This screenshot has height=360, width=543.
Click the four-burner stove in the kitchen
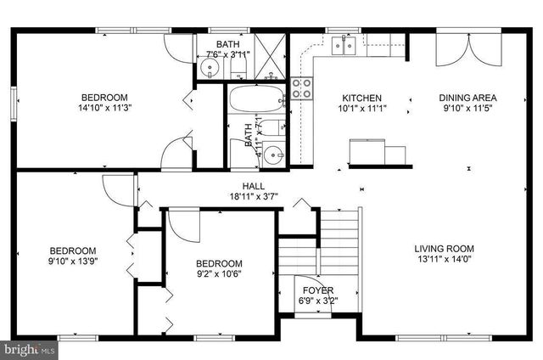pos(302,88)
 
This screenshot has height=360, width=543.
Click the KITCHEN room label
pos(361,98)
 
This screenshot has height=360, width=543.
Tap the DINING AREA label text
pos(467,98)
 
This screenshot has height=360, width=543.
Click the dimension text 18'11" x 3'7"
pos(252,197)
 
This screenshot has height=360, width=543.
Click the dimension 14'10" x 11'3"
pos(105,108)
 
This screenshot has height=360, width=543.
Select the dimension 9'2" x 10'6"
pos(219,275)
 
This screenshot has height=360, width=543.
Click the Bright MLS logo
pos(29,349)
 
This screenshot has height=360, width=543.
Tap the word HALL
pos(252,186)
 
